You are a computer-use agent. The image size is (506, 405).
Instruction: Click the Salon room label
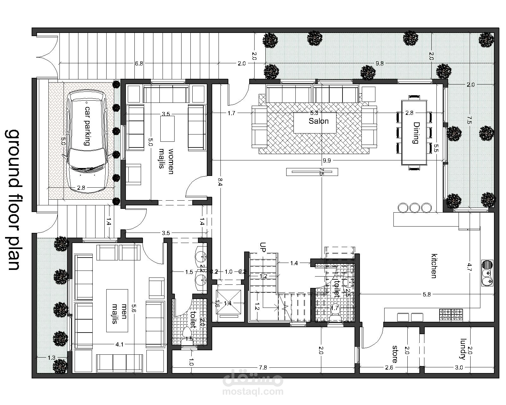click(x=318, y=121)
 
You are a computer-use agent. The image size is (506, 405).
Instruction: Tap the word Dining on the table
click(x=416, y=133)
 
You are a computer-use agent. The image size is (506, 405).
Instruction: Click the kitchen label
click(x=434, y=266)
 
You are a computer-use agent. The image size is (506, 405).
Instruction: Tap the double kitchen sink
click(x=487, y=273)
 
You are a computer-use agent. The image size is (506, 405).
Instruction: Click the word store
click(x=395, y=354)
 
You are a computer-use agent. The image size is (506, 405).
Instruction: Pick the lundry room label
click(x=463, y=349)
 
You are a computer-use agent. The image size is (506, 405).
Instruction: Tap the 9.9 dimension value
click(x=327, y=161)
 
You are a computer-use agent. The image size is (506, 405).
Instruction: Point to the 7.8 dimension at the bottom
click(x=263, y=368)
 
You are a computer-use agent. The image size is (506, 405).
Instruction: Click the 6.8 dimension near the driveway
click(x=139, y=63)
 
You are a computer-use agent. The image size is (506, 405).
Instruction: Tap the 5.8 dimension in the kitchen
click(x=427, y=294)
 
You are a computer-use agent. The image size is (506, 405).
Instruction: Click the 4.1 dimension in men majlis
click(x=119, y=345)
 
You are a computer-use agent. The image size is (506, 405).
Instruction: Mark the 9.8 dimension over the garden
click(x=379, y=63)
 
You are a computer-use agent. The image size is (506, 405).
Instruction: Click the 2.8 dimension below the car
click(x=81, y=188)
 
